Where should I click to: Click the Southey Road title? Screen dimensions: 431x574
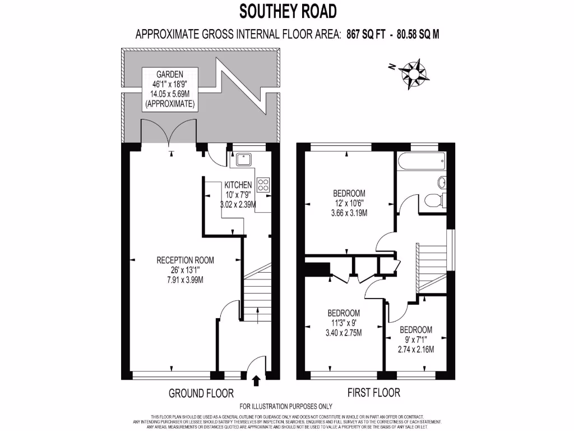tap(289, 11)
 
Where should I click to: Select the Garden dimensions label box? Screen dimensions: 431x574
tap(169, 89)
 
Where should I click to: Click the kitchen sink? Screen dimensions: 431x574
tap(244, 160)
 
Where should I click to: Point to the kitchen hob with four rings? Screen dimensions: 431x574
tap(263, 185)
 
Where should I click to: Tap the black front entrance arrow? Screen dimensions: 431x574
tap(257, 382)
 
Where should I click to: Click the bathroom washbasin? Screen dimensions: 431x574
tap(441, 182)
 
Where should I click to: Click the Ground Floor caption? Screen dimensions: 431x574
tap(201, 393)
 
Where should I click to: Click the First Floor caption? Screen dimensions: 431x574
tap(374, 393)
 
